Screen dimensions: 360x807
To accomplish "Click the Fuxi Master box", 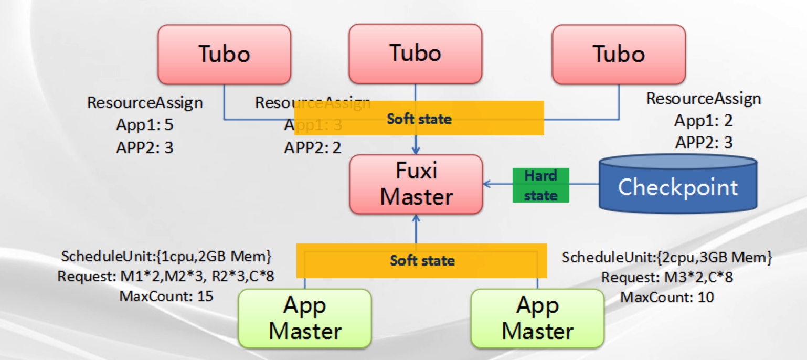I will tap(416, 184).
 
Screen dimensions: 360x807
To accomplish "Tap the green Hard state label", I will tap(540, 185).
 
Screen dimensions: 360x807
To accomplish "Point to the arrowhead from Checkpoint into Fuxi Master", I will tap(487, 184).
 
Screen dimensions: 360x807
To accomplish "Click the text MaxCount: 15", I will tap(166, 297).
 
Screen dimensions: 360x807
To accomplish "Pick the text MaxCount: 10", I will tap(667, 298).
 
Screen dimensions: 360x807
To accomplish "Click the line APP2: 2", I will tap(313, 147).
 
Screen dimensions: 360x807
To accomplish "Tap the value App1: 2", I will tap(703, 120).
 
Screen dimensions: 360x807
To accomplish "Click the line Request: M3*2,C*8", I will tap(667, 278).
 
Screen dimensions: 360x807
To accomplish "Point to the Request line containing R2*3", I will tap(166, 277).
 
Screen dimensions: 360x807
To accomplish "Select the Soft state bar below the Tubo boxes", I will tap(419, 119).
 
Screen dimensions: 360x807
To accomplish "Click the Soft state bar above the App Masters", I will tap(422, 260).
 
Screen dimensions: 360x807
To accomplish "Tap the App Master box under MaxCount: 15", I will tap(304, 318).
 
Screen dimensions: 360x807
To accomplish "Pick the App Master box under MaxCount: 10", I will tap(537, 318).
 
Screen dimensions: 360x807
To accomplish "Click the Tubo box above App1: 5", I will tap(224, 55).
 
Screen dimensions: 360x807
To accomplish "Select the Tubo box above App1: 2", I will tap(619, 55).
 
